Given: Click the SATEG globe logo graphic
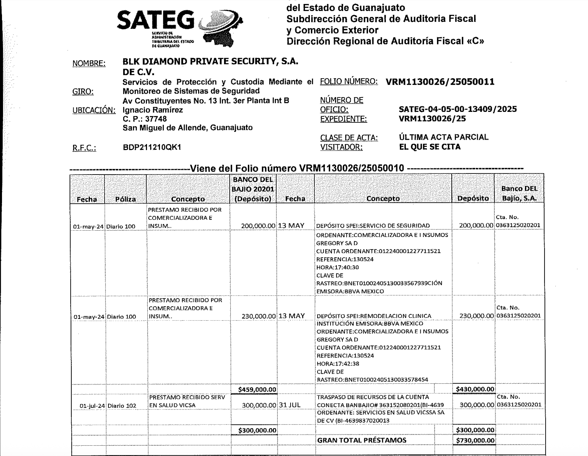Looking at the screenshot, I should (x=221, y=28).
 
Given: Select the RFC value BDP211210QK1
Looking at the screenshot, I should (x=152, y=147).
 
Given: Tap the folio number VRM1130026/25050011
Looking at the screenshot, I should (x=440, y=82).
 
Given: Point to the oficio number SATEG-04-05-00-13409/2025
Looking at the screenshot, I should (x=458, y=109).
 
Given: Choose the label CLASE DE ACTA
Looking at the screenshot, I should (x=349, y=138).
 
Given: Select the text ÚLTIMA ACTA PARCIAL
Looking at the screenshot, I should (x=444, y=137).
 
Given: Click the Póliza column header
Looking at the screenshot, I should (x=125, y=199).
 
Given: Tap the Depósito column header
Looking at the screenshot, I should (x=473, y=198).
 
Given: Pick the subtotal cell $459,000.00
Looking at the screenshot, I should (x=257, y=389).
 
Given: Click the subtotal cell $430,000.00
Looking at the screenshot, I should (x=475, y=389).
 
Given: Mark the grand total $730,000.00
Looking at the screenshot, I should (x=475, y=440).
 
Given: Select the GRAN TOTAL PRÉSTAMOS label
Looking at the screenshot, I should (x=362, y=440).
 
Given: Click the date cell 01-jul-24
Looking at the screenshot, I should (x=92, y=406).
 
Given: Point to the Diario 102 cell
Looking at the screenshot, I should (x=122, y=406).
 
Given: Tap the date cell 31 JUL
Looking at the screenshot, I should (x=290, y=405).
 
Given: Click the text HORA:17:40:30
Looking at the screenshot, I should (x=337, y=267).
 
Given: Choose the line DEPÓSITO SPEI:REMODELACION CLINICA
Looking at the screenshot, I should (x=374, y=316).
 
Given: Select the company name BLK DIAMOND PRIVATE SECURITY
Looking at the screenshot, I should (x=210, y=61).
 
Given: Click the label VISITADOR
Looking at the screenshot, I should (x=341, y=147).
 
